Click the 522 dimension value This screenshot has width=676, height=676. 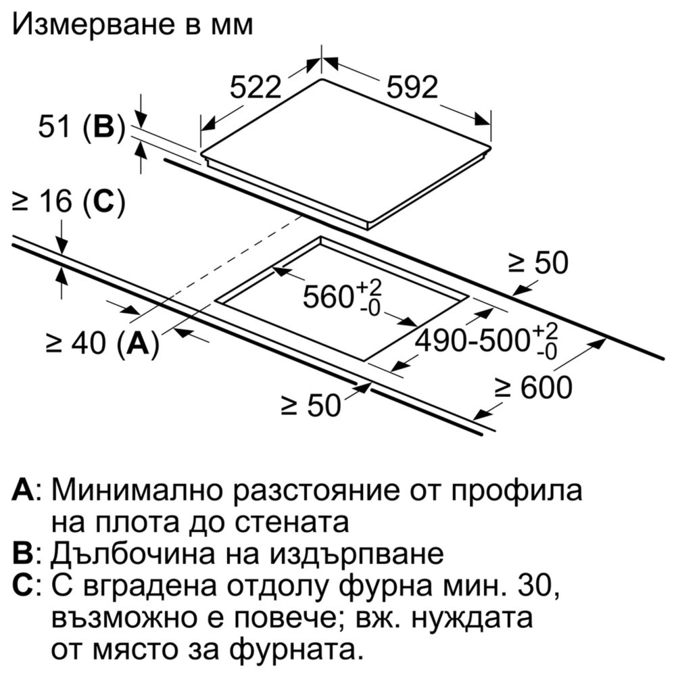[256, 87]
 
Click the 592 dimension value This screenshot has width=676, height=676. [412, 87]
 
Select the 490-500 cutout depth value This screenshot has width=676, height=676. [473, 341]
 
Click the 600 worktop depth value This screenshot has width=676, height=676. [546, 387]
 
